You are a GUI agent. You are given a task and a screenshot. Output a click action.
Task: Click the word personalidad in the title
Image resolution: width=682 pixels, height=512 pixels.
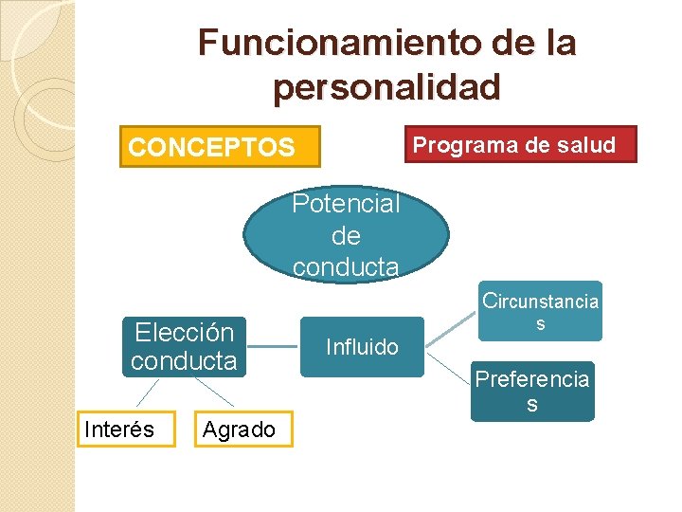(386, 88)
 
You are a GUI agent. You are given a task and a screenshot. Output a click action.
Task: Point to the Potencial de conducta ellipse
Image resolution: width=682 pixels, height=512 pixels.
(346, 235)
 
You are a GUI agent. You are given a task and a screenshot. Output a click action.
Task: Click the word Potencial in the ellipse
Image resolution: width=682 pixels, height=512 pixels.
(346, 204)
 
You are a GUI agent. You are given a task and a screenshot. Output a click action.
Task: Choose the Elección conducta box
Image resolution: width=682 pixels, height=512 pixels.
(184, 346)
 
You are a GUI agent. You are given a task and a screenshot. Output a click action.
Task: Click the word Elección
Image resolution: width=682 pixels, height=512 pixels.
(184, 333)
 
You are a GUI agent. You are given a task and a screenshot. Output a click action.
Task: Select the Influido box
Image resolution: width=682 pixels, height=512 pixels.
(362, 347)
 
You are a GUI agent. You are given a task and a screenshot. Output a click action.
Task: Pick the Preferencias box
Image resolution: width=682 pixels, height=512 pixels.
(532, 392)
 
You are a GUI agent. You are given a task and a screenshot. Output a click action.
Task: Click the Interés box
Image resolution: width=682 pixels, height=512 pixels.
(119, 430)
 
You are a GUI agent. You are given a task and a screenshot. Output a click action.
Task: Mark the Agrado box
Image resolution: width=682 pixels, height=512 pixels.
(239, 430)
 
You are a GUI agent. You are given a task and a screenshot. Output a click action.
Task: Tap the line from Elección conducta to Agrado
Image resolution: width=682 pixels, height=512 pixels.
(215, 394)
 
